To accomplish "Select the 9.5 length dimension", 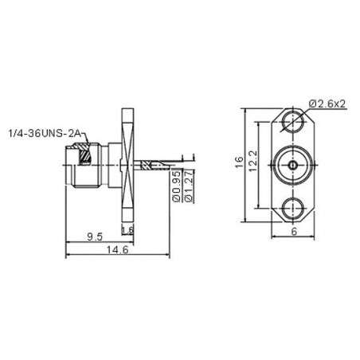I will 93,237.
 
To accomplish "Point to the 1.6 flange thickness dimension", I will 127,230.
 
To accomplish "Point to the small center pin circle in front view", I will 295,166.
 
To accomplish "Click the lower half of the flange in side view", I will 127,203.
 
